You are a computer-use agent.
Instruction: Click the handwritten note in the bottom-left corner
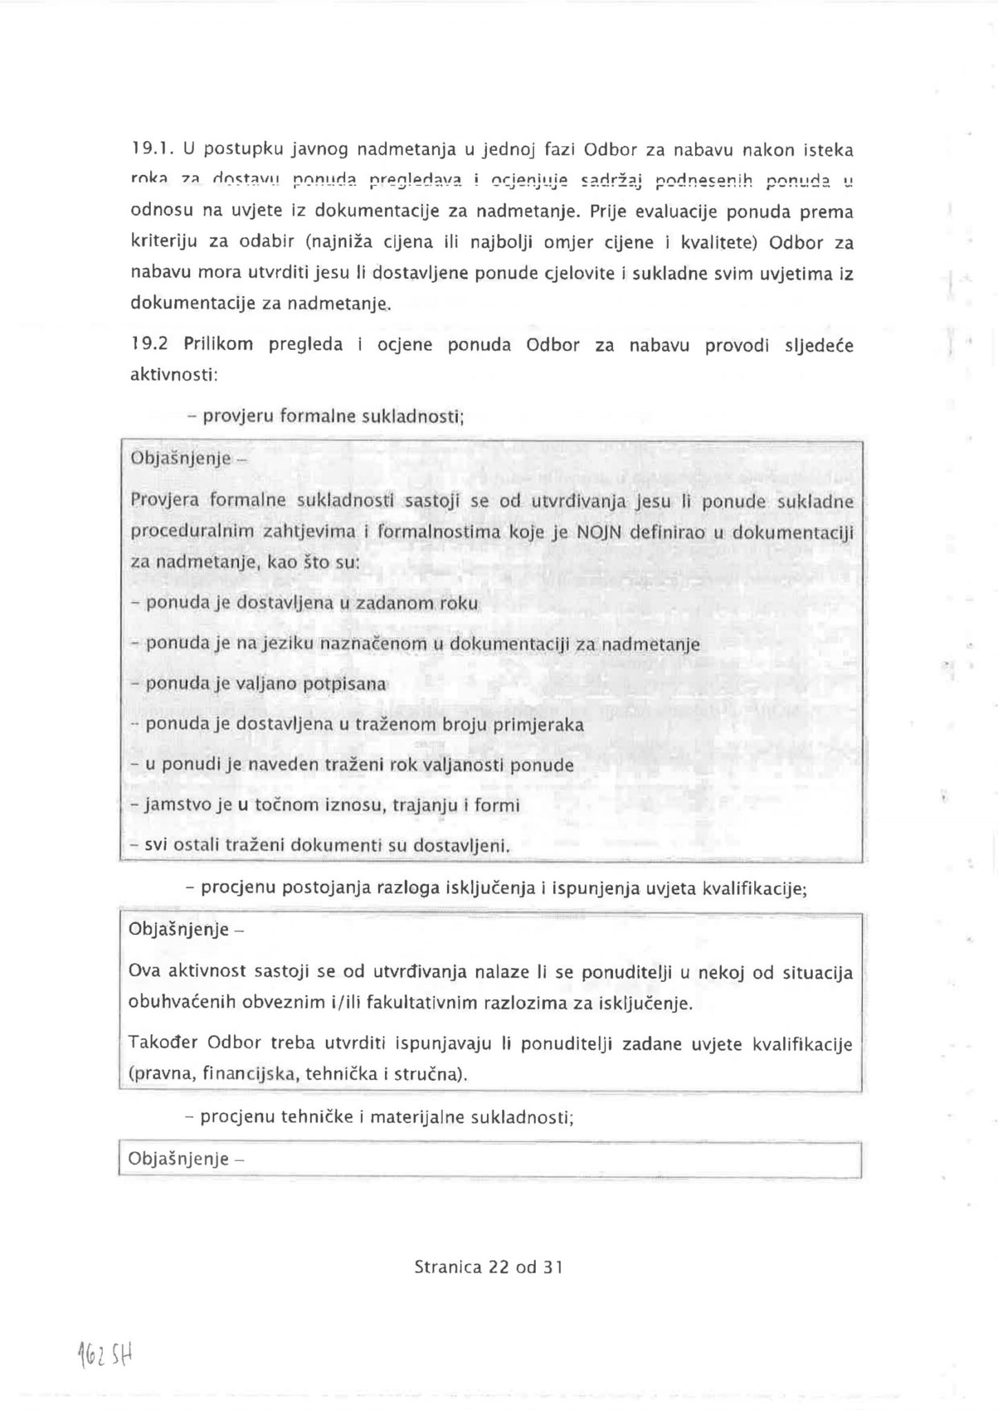click(x=104, y=1356)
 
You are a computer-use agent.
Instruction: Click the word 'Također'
click(x=160, y=1044)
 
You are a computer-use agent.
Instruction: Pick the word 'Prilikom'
click(x=218, y=344)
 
